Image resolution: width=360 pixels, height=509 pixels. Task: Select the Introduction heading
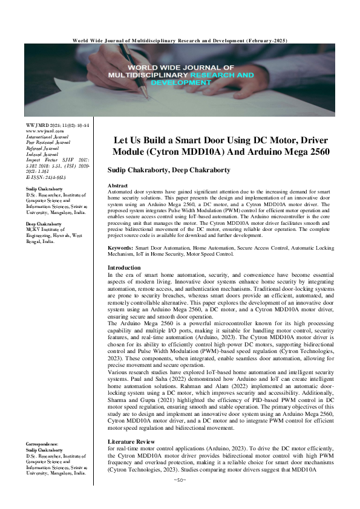coord(124,267)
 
